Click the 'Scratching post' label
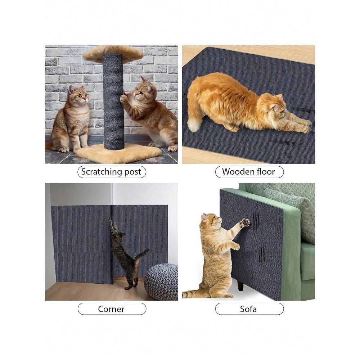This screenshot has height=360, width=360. (x=112, y=172)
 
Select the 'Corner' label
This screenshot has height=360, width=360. (x=112, y=309)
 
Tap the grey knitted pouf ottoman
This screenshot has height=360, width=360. (x=162, y=281)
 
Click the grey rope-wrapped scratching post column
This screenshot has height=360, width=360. (x=113, y=101)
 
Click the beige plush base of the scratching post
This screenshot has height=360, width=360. (x=119, y=153)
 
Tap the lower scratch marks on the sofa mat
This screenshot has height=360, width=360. (x=263, y=254)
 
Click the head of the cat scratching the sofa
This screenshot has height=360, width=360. (x=210, y=221)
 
